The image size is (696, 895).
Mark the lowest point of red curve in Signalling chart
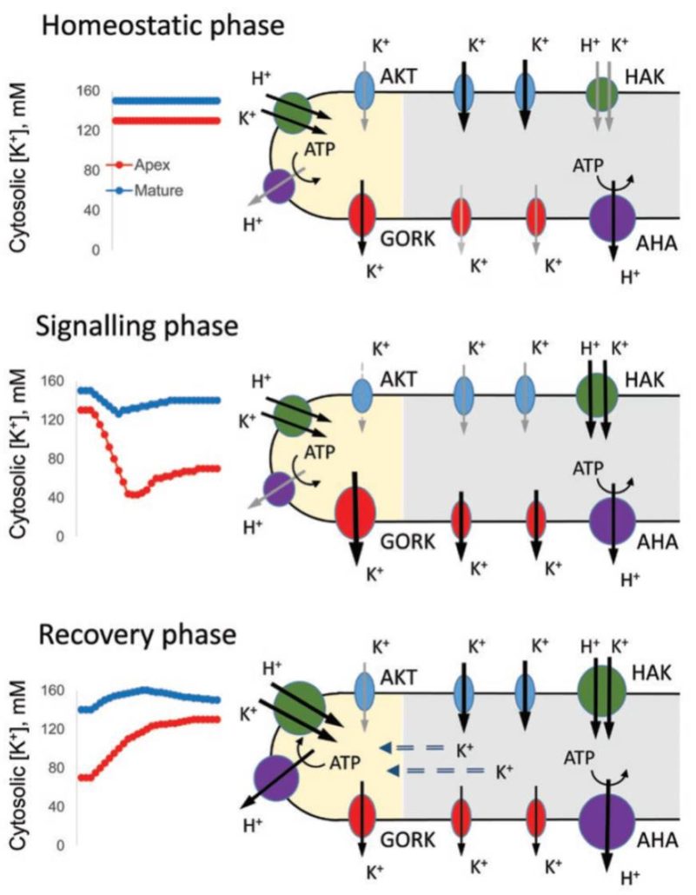133,494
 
